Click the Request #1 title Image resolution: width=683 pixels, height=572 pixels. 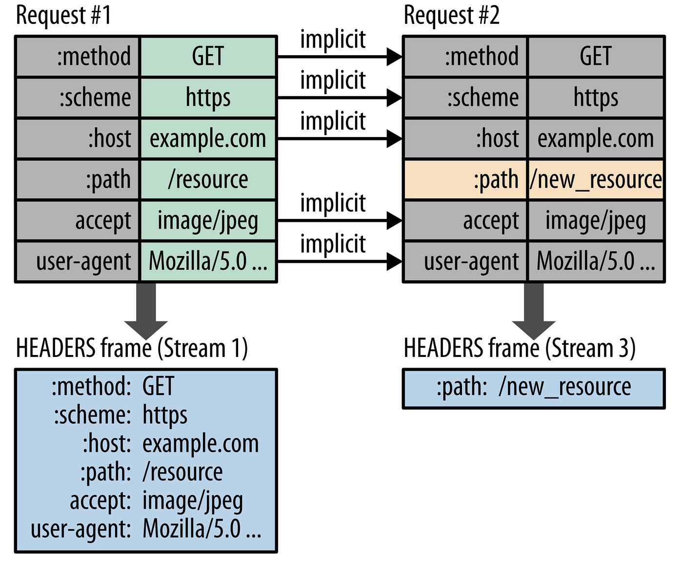[x=63, y=16]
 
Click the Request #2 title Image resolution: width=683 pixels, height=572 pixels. [x=451, y=16]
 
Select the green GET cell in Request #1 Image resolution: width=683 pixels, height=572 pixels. [x=208, y=56]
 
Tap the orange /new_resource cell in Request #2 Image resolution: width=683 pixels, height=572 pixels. [x=596, y=180]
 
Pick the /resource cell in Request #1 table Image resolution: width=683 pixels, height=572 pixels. [x=208, y=180]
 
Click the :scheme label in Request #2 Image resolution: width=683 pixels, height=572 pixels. [x=483, y=98]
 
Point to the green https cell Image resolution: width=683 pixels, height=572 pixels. [x=208, y=98]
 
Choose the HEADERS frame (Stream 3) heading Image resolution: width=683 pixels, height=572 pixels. [x=520, y=348]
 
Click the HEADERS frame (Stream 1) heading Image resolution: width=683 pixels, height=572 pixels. [x=132, y=348]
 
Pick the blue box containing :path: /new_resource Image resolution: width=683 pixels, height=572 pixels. [x=534, y=388]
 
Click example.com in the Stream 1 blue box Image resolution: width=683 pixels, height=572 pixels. [x=201, y=444]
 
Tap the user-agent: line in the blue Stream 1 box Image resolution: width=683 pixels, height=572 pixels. [x=80, y=530]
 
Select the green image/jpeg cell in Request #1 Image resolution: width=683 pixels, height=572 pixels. [x=208, y=221]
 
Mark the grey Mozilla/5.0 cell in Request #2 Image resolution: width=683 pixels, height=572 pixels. [x=596, y=262]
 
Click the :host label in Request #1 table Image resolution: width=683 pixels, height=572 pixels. [x=109, y=139]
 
